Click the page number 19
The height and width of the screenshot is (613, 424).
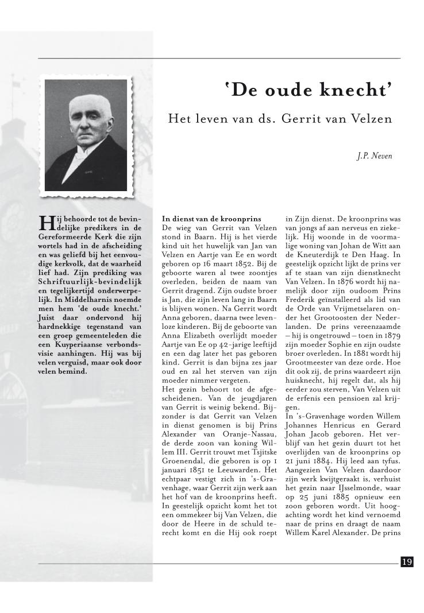(407, 562)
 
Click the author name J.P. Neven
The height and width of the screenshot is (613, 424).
(375, 156)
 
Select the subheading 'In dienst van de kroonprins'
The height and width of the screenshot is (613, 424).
(211, 219)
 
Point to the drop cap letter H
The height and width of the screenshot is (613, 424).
(45, 223)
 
